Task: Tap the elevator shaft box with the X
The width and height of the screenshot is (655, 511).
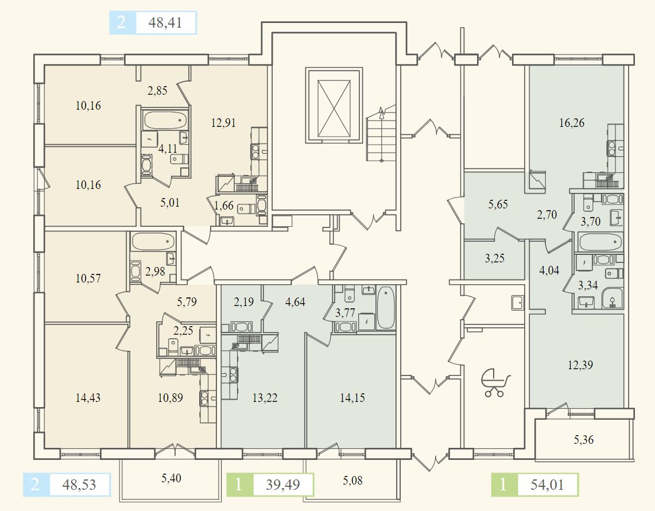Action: (334, 103)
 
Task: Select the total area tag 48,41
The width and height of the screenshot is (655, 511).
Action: (166, 24)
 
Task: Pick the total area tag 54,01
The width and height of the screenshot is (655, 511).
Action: (547, 485)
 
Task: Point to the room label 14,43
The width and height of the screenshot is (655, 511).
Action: (88, 397)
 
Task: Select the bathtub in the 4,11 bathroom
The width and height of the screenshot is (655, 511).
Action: (166, 121)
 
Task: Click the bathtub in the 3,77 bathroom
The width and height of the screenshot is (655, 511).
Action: (386, 308)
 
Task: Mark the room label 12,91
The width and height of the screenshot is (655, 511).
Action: (223, 122)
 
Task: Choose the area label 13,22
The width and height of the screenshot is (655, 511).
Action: (265, 397)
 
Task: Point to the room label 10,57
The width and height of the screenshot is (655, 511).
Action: (88, 278)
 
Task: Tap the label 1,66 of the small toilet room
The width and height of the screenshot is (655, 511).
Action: (224, 205)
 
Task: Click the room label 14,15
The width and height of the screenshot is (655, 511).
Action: (352, 397)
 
